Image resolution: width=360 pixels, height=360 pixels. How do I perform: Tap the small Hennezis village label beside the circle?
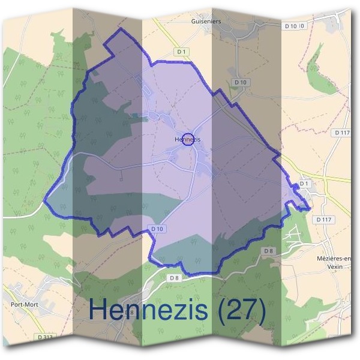187,140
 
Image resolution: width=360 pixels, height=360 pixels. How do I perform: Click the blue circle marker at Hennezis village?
188,139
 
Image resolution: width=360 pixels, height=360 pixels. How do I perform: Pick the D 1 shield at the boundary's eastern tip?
304,183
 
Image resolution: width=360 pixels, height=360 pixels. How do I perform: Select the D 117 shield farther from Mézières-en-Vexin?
342,132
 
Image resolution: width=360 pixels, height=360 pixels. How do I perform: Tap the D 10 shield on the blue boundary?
157,228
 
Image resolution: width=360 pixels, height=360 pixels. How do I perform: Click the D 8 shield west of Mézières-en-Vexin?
268,250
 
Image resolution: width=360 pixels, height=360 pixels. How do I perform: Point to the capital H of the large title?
98,310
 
